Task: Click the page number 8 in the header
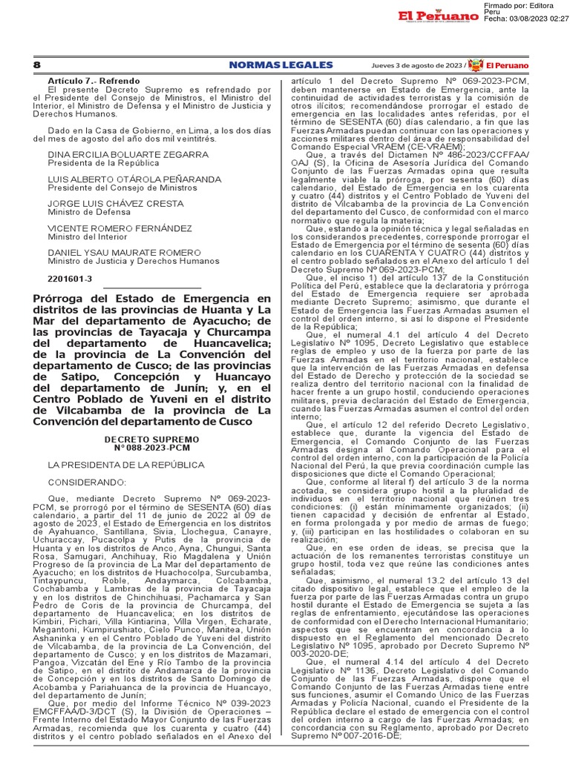pyautogui.click(x=37, y=65)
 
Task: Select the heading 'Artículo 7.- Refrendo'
pyautogui.click(x=93, y=80)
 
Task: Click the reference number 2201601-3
pyautogui.click(x=71, y=279)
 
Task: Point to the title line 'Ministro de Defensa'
pyautogui.click(x=81, y=212)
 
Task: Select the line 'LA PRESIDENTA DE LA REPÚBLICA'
pyautogui.click(x=126, y=465)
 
